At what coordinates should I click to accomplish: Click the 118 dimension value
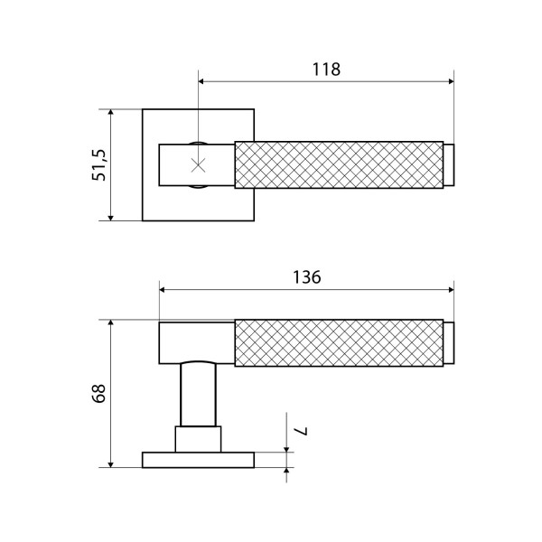[326, 70]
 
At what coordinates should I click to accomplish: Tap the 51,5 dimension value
[99, 165]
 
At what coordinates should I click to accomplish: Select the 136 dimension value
[307, 277]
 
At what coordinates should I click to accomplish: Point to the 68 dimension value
[98, 393]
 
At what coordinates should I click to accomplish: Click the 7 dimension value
[300, 432]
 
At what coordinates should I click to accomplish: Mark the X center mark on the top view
[199, 165]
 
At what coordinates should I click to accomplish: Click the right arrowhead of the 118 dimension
[451, 81]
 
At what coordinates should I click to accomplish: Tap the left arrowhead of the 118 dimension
[201, 81]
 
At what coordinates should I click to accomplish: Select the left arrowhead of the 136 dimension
[163, 290]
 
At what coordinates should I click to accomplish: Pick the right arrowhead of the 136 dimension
[451, 290]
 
